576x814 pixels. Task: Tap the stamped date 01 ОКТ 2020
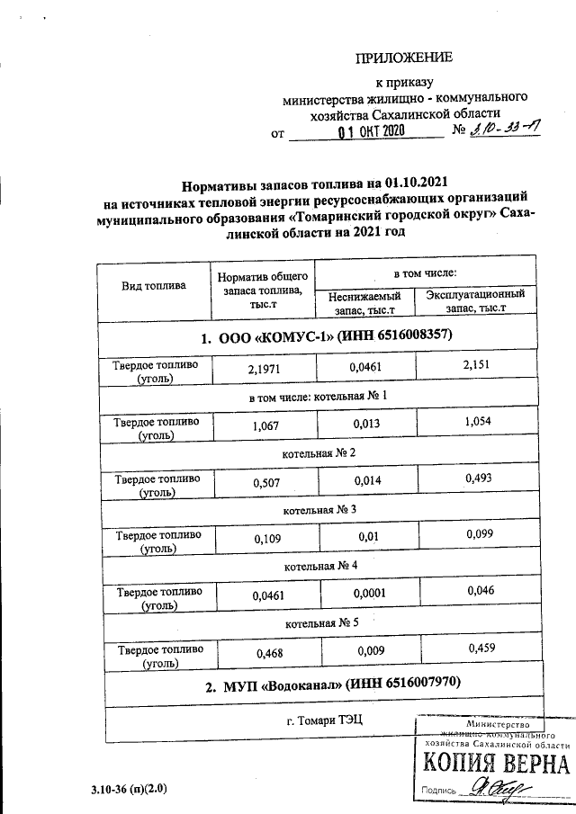[x=370, y=132]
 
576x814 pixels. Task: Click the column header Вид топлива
[x=154, y=285]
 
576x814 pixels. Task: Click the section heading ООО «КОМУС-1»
[x=326, y=337]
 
